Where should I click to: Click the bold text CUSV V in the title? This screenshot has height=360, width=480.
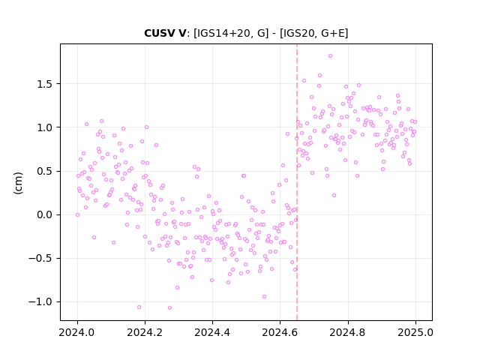click(x=165, y=33)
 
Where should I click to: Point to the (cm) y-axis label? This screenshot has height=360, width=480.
click(x=18, y=183)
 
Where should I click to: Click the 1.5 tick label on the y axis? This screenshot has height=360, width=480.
click(x=45, y=84)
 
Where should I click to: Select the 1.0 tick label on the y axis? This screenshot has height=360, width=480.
click(x=45, y=127)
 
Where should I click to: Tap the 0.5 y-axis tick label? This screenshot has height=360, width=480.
click(x=45, y=171)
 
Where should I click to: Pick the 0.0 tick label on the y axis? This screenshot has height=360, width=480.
click(x=45, y=214)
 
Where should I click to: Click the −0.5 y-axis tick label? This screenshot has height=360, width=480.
click(x=40, y=258)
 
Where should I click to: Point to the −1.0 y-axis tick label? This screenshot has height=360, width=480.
click(x=40, y=301)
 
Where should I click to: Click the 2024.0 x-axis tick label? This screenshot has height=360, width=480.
click(x=77, y=332)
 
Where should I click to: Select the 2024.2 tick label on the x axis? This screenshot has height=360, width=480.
click(x=145, y=332)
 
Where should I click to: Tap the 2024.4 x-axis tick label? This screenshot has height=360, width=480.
click(x=212, y=332)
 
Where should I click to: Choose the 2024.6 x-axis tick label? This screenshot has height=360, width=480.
click(x=280, y=332)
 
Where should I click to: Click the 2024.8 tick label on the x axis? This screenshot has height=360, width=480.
click(x=348, y=332)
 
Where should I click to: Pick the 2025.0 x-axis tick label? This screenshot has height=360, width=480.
click(x=415, y=332)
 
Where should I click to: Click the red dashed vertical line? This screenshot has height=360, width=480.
click(x=297, y=182)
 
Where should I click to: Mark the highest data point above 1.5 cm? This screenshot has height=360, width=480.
click(x=330, y=55)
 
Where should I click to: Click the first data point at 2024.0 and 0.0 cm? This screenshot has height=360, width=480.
click(x=77, y=215)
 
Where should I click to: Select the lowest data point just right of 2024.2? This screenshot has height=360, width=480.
click(x=170, y=307)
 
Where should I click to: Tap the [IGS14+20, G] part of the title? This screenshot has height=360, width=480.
click(x=231, y=33)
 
